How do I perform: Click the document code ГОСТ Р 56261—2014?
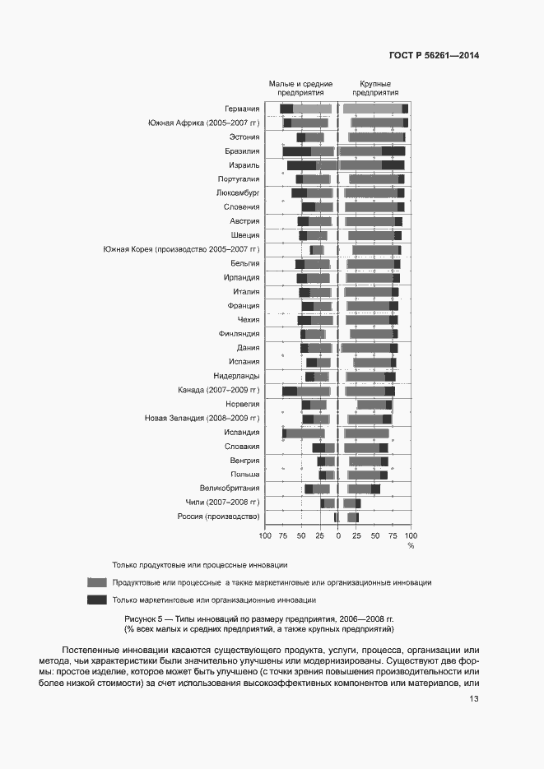tap(433, 56)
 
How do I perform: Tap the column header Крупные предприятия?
tap(374, 89)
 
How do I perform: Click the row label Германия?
tap(242, 109)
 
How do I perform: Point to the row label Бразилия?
tap(242, 151)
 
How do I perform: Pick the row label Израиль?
tap(244, 165)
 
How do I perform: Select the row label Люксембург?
tap(238, 193)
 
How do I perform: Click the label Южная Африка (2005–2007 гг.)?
tap(203, 123)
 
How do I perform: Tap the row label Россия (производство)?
tap(218, 517)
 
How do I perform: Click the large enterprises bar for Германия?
tap(375, 109)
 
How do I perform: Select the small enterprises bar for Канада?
tap(306, 391)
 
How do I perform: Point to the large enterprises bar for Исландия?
tap(366, 433)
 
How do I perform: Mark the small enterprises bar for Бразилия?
tap(309, 151)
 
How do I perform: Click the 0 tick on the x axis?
tap(338, 535)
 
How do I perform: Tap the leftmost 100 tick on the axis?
tap(265, 535)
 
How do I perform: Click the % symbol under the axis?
tap(411, 545)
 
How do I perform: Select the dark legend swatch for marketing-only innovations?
tap(97, 600)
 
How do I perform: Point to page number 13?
tap(474, 699)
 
